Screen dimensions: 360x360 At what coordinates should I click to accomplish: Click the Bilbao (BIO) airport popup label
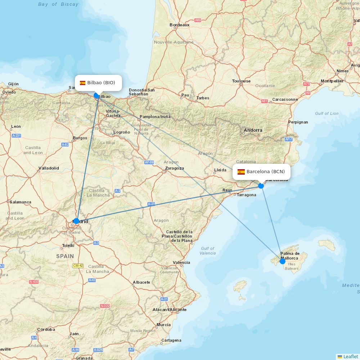(x=98, y=83)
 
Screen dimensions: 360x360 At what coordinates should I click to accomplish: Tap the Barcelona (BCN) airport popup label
(x=262, y=172)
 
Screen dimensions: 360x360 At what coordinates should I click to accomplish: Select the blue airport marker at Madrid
(x=76, y=221)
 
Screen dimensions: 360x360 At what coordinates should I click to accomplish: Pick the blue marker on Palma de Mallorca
(x=283, y=261)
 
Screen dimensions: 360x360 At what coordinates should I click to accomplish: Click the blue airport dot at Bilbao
(x=96, y=95)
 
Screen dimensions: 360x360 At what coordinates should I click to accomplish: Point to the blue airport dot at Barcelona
(x=261, y=186)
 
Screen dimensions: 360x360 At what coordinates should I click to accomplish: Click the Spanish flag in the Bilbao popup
(x=82, y=83)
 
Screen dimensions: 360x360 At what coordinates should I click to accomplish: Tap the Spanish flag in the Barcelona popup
(x=241, y=172)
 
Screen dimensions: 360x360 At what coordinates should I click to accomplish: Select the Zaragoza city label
(x=174, y=168)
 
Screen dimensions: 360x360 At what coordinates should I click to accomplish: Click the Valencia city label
(x=181, y=262)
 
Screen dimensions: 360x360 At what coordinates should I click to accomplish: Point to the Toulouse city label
(x=241, y=81)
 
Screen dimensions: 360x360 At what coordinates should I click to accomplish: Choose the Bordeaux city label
(x=179, y=25)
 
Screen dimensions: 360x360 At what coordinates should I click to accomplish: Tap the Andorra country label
(x=253, y=130)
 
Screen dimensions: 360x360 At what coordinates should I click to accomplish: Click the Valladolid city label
(x=49, y=168)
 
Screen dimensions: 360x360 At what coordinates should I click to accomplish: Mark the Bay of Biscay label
(x=58, y=4)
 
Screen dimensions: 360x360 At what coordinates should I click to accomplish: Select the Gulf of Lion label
(x=327, y=113)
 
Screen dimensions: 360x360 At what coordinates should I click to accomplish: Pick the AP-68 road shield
(x=149, y=162)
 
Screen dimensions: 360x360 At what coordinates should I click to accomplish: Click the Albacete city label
(x=141, y=282)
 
